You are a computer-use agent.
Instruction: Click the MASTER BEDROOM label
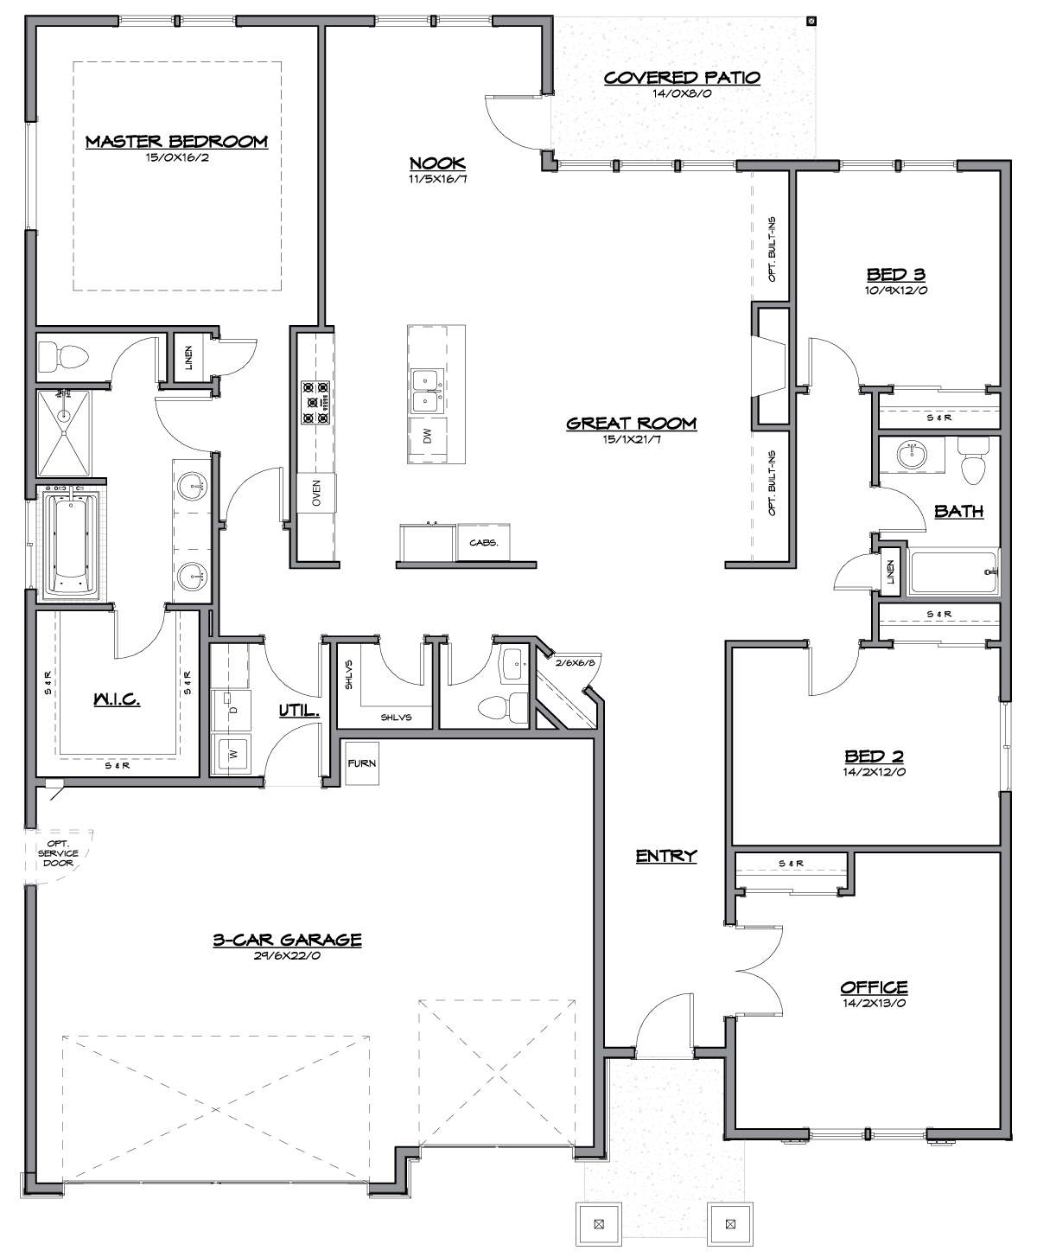(x=176, y=142)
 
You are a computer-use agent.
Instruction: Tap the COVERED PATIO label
(x=682, y=78)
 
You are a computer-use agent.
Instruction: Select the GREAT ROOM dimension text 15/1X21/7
(x=632, y=439)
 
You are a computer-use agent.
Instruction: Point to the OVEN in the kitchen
(x=316, y=493)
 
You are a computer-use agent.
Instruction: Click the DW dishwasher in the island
(x=428, y=436)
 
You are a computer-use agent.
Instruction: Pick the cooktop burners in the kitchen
(x=316, y=402)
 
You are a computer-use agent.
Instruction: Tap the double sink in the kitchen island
(x=428, y=392)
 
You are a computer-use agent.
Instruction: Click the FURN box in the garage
(x=362, y=763)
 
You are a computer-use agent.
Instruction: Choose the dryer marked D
(x=232, y=709)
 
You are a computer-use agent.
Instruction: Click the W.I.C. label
(x=117, y=699)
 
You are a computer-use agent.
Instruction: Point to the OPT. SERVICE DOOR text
(x=58, y=853)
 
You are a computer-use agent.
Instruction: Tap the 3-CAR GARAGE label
(x=287, y=940)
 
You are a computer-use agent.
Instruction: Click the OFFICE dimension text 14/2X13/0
(x=874, y=1003)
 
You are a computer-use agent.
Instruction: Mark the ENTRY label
(x=666, y=856)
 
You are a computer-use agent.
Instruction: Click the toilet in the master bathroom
(x=63, y=357)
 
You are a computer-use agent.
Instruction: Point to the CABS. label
(x=483, y=542)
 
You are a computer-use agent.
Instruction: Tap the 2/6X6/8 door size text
(x=576, y=663)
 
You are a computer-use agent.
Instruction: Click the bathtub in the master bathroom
(x=71, y=542)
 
